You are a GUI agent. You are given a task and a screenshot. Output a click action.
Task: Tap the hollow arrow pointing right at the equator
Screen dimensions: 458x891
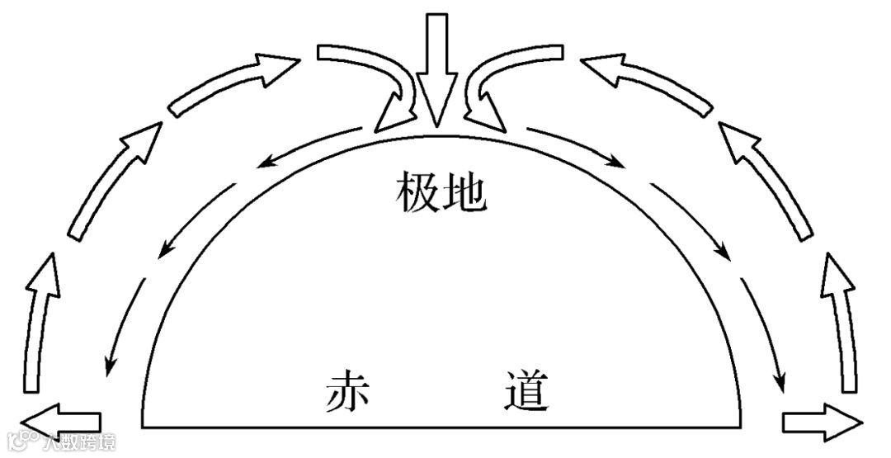point(821,421)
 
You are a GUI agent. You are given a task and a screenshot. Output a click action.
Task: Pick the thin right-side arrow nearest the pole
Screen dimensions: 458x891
point(577,147)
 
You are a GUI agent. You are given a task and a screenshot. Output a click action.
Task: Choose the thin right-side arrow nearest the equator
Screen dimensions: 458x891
point(763,334)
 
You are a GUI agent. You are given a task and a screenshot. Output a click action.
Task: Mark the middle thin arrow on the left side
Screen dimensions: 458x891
point(198,219)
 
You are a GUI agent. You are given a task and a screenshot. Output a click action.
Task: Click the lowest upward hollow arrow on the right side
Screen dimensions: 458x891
point(841,322)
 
